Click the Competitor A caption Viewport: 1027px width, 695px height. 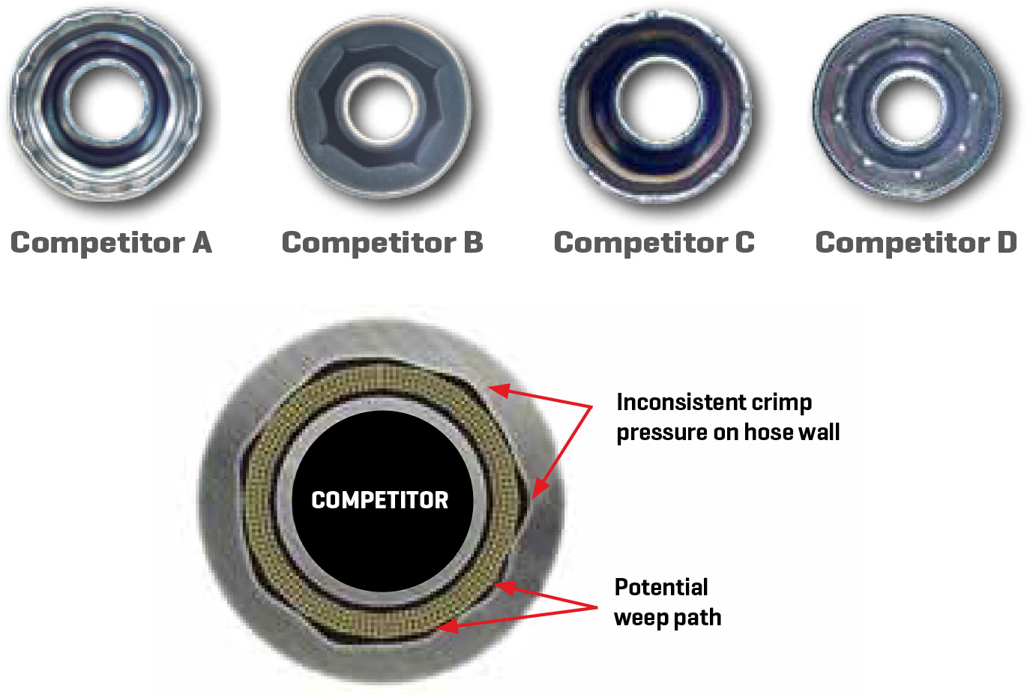pyautogui.click(x=111, y=243)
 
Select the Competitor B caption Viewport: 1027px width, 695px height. pyautogui.click(x=382, y=243)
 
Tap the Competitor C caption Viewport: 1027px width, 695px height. pyautogui.click(x=654, y=243)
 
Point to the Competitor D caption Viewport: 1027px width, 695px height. pyautogui.click(x=915, y=243)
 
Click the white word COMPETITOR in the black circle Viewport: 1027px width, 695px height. pyautogui.click(x=379, y=500)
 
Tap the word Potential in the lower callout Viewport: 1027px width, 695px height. pyautogui.click(x=661, y=587)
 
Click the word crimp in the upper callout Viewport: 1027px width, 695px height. pyautogui.click(x=781, y=403)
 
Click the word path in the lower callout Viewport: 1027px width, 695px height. pyautogui.click(x=698, y=618)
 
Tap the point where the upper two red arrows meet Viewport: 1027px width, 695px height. pyautogui.click(x=591, y=407)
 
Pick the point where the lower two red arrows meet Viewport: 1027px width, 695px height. pyautogui.click(x=597, y=606)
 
